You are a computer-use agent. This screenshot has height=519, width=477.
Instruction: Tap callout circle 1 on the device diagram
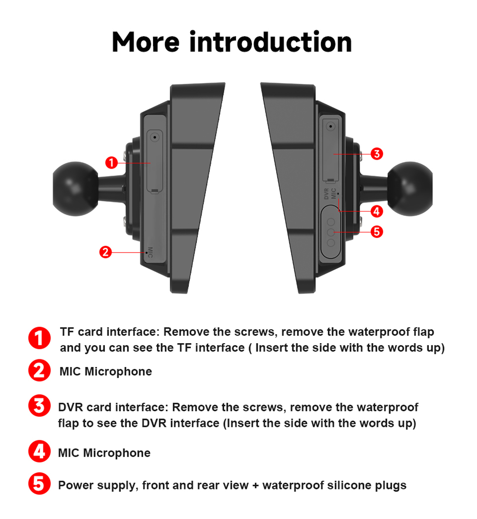point(111,163)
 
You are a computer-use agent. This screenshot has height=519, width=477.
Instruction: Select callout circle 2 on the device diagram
point(105,252)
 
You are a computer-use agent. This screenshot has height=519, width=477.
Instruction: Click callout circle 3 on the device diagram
point(376,154)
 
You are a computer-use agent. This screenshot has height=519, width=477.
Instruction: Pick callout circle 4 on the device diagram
point(376,211)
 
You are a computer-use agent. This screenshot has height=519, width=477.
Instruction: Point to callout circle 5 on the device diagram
point(376,232)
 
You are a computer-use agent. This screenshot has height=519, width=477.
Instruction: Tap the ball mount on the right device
point(409,184)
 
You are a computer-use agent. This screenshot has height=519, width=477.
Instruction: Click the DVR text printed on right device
point(326,194)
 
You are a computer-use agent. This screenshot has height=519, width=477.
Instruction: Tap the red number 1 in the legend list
point(39,338)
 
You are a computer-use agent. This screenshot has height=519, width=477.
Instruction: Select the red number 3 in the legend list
point(39,407)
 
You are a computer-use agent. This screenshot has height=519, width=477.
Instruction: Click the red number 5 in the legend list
point(39,484)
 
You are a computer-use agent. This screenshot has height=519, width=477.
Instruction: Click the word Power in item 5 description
point(74,486)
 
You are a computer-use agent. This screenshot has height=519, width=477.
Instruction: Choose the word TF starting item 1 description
point(67,332)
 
